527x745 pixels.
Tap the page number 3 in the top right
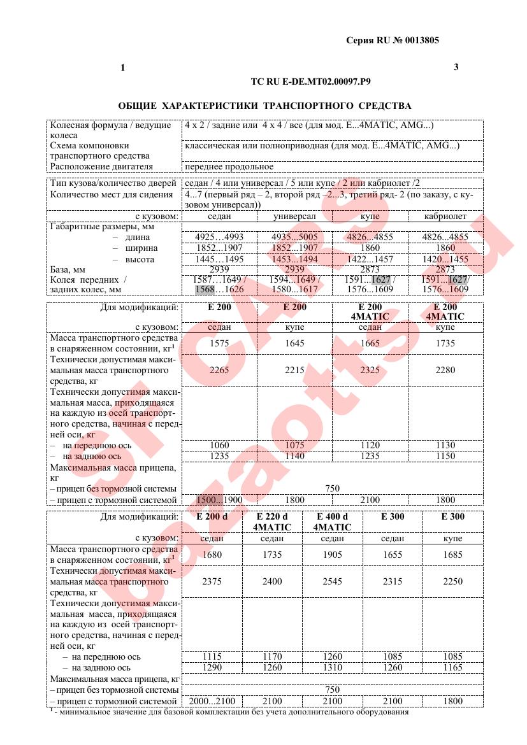(x=456, y=67)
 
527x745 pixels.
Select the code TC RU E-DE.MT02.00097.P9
(x=312, y=82)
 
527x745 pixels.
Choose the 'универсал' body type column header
(x=294, y=216)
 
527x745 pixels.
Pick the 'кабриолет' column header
(x=445, y=216)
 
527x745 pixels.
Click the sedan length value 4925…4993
(x=219, y=237)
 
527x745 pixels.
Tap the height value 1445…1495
(x=219, y=260)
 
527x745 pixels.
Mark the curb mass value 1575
(x=219, y=343)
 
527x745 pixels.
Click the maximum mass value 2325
(x=370, y=370)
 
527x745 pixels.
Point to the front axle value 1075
(x=294, y=445)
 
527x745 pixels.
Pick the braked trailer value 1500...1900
(x=219, y=500)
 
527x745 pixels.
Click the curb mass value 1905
(x=332, y=555)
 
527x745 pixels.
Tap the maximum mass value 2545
(x=332, y=581)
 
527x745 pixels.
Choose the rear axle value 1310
(x=332, y=668)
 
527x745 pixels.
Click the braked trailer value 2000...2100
(x=212, y=701)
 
